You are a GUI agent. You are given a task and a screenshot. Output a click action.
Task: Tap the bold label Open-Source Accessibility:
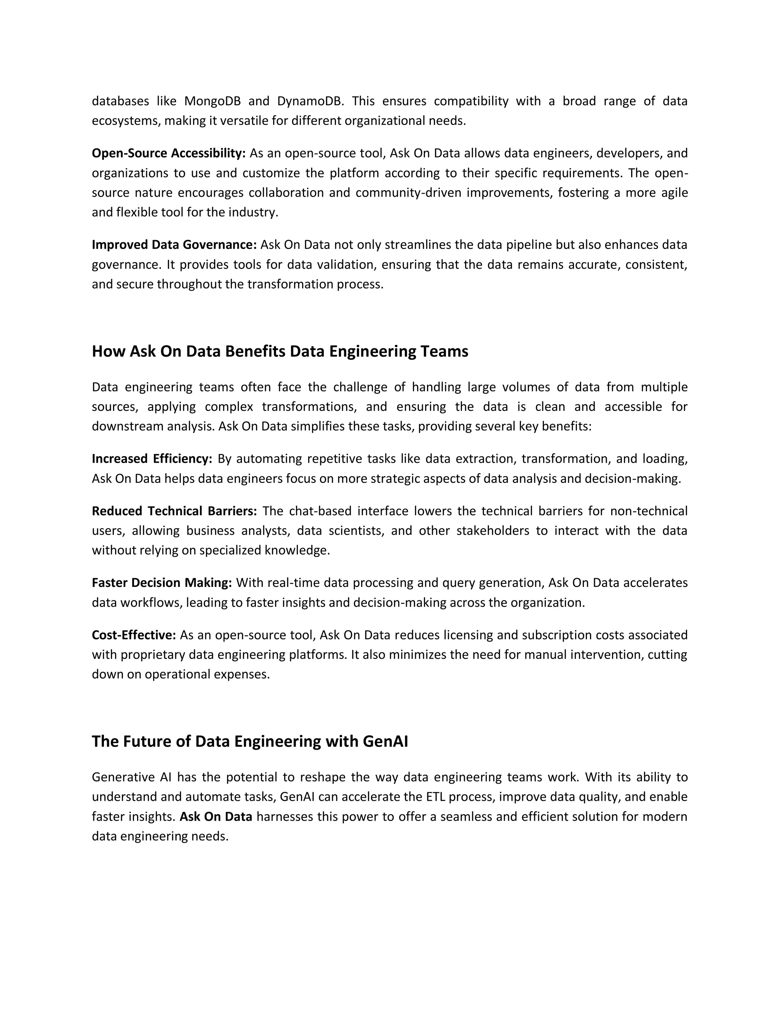(169, 153)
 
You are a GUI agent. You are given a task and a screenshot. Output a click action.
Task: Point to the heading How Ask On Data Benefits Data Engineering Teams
(280, 351)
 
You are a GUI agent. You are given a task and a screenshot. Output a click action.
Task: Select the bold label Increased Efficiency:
(152, 459)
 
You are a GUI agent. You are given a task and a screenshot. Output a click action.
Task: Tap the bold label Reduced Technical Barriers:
(174, 511)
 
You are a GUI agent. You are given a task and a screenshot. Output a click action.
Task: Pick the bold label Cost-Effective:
(134, 635)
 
